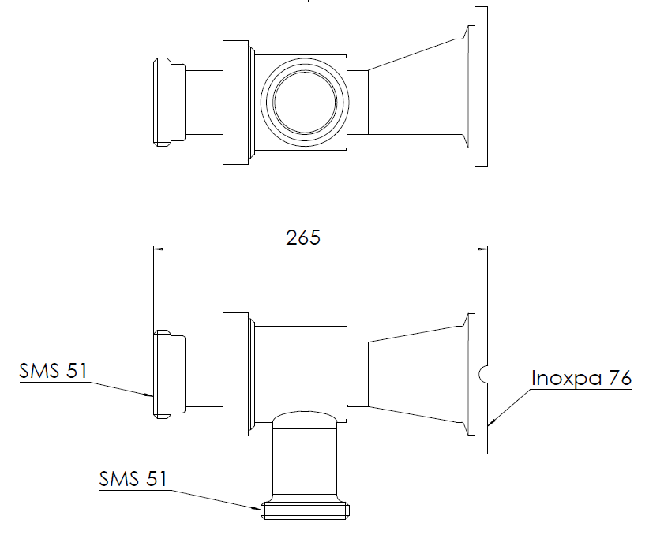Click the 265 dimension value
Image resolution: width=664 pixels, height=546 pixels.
pyautogui.click(x=303, y=237)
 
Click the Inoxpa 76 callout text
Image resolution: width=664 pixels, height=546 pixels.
pyautogui.click(x=581, y=378)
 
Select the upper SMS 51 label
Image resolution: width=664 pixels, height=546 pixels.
pyautogui.click(x=54, y=371)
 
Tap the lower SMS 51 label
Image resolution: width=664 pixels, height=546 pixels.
pyautogui.click(x=133, y=478)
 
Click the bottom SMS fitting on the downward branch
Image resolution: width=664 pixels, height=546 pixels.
pyautogui.click(x=305, y=509)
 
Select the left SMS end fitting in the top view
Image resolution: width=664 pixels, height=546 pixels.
pyautogui.click(x=162, y=103)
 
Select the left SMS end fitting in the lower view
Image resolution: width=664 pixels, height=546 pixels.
pyautogui.click(x=162, y=373)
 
